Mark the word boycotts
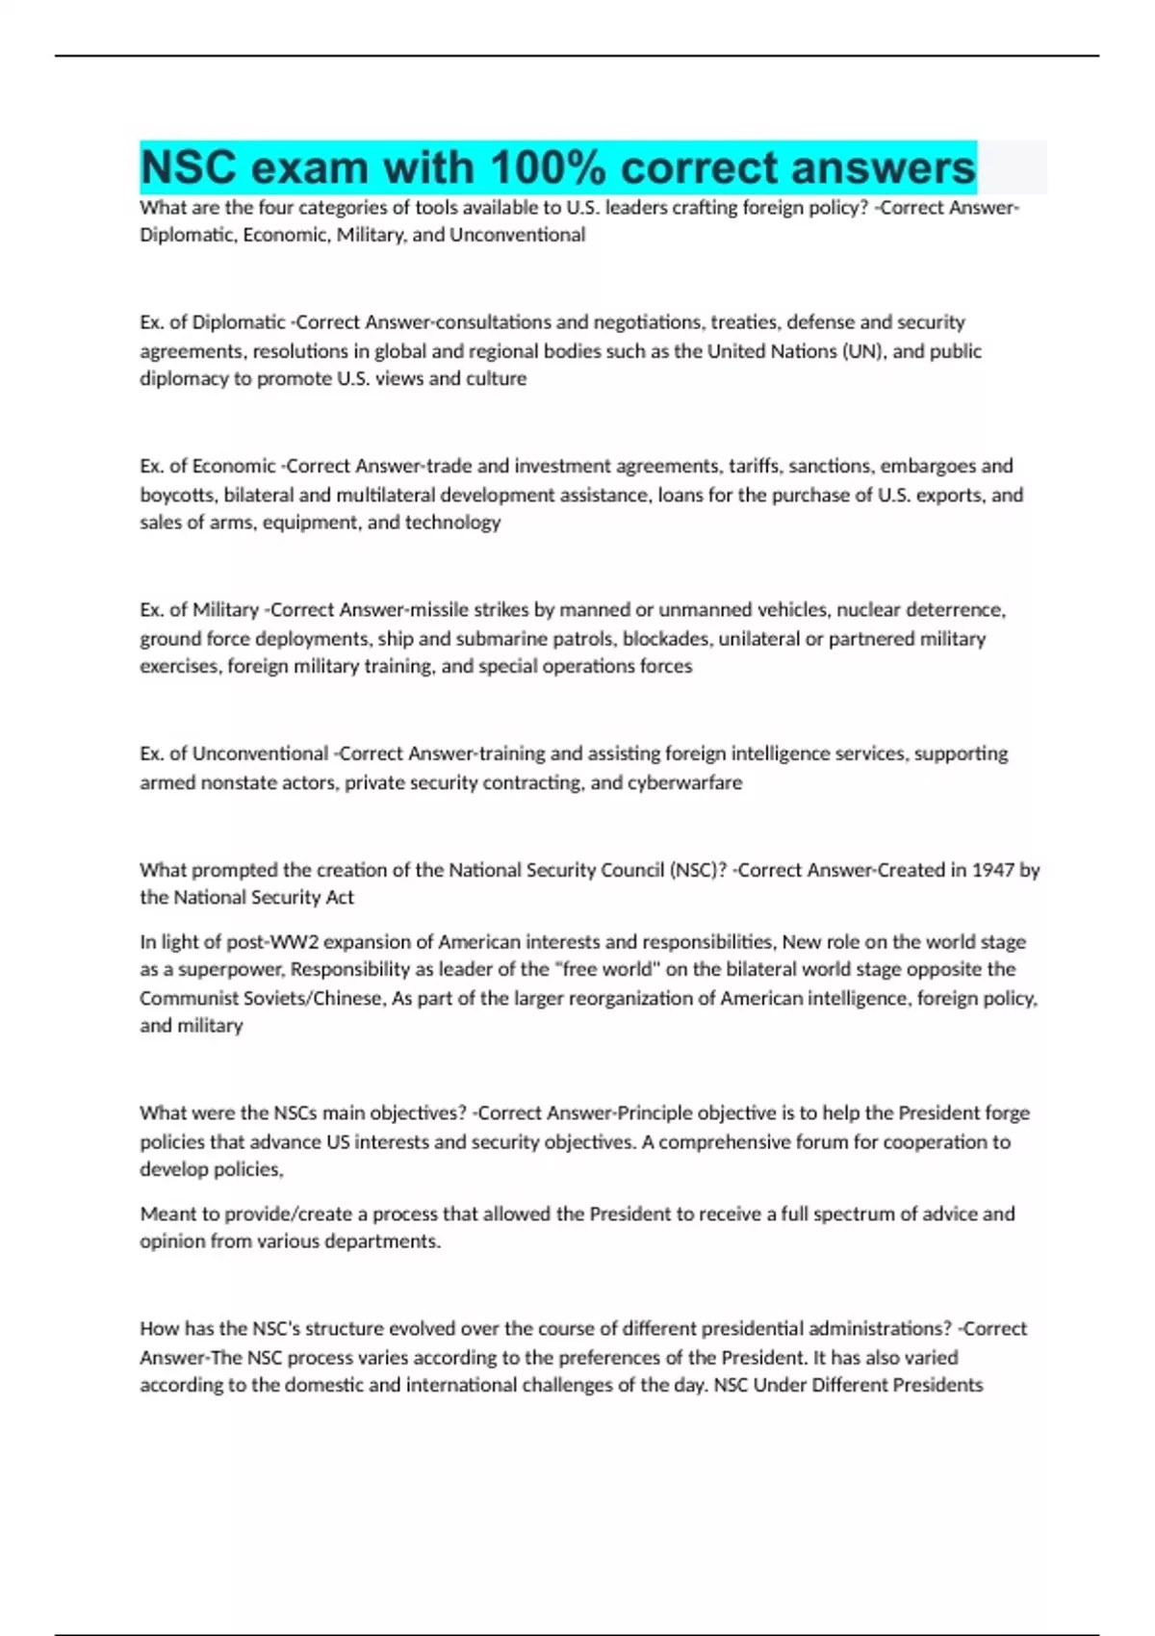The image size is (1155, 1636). click(x=177, y=496)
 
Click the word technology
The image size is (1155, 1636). click(x=452, y=523)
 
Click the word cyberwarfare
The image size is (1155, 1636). click(x=684, y=783)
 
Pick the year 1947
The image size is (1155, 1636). click(x=992, y=870)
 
